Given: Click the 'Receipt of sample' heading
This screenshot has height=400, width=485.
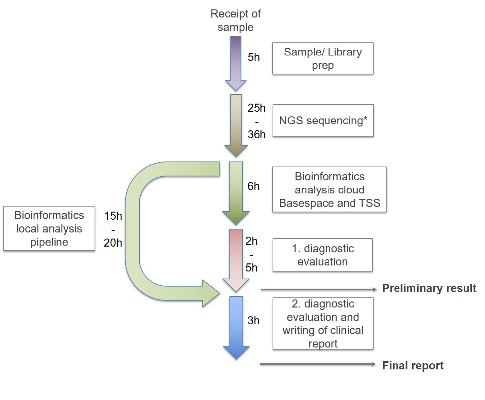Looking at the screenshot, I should click(236, 20).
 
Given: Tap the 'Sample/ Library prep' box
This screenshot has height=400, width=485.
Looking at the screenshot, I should click(323, 59).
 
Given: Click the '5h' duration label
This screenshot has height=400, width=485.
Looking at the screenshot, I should click(254, 57).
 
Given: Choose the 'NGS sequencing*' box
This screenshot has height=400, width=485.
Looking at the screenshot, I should click(323, 120).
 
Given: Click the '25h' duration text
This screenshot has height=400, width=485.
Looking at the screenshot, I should click(256, 108).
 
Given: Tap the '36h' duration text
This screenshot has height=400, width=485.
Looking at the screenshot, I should click(256, 135).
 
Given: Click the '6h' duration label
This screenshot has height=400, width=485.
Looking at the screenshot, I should click(253, 186).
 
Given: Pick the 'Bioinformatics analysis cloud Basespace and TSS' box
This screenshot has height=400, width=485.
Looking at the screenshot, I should click(330, 190).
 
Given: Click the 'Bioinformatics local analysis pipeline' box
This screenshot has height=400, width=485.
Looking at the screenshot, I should click(49, 228).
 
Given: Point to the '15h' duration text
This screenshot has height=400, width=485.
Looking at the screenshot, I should click(113, 216).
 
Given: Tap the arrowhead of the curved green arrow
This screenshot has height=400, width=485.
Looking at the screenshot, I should click(210, 293).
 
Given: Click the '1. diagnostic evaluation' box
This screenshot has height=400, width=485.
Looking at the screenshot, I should click(322, 255).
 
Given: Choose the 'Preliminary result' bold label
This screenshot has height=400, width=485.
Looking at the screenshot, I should click(429, 288).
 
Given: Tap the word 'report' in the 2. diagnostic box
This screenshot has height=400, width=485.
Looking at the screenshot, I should click(323, 344).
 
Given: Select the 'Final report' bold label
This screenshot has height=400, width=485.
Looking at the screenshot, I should click(413, 366).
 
